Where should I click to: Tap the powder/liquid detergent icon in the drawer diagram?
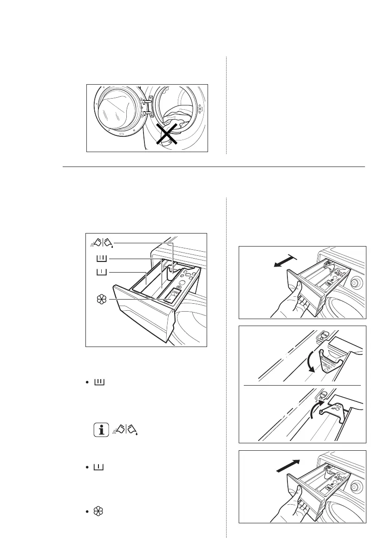click(x=102, y=243)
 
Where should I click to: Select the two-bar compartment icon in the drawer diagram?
click(x=101, y=259)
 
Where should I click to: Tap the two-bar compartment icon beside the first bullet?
click(x=100, y=382)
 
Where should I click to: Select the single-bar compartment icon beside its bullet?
click(x=100, y=466)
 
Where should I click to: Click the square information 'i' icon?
click(x=100, y=429)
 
